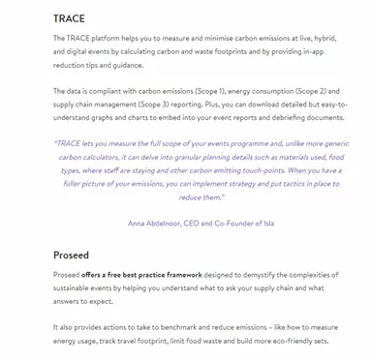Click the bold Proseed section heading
pyautogui.click(x=73, y=255)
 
